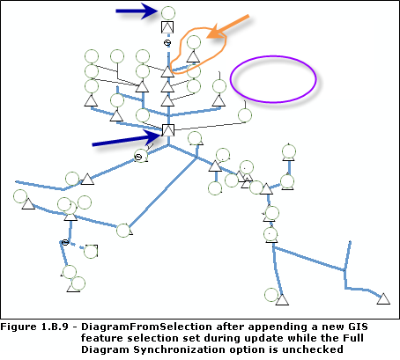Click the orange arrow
coord(230,26)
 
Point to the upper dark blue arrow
coord(137,11)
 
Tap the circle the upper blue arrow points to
coord(167,11)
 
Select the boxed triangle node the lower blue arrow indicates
coord(167,132)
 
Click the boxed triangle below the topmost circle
coord(167,27)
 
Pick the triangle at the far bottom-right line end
coord(382,298)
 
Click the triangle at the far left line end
coord(27,203)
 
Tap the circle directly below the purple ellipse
coord(246,114)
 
